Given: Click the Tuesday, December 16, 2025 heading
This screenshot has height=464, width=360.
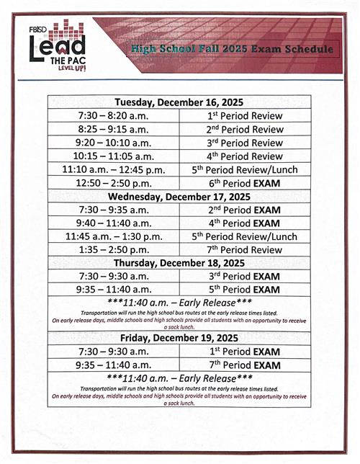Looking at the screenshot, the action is tap(179, 102).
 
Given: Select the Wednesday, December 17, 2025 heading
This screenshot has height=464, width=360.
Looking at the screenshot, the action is tap(179, 196).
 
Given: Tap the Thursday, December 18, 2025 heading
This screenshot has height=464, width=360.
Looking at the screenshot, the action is tap(179, 263).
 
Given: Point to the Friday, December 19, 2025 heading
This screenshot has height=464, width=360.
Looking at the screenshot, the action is tap(179, 338).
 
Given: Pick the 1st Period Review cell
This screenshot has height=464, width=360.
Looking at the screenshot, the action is tap(245, 115).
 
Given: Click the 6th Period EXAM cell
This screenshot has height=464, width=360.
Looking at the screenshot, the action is tap(245, 183).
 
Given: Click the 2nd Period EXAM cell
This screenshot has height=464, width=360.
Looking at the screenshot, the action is tap(245, 210).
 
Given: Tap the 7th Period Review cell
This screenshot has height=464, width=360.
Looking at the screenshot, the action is tap(245, 250).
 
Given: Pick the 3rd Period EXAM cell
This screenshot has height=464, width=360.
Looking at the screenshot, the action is tap(245, 277).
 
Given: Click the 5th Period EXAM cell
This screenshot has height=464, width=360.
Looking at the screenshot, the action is tap(245, 290).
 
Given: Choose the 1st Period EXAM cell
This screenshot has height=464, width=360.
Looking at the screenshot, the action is tap(245, 352).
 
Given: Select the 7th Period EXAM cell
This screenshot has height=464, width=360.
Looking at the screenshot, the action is tap(245, 365).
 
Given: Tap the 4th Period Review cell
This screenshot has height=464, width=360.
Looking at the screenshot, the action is tap(245, 156).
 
